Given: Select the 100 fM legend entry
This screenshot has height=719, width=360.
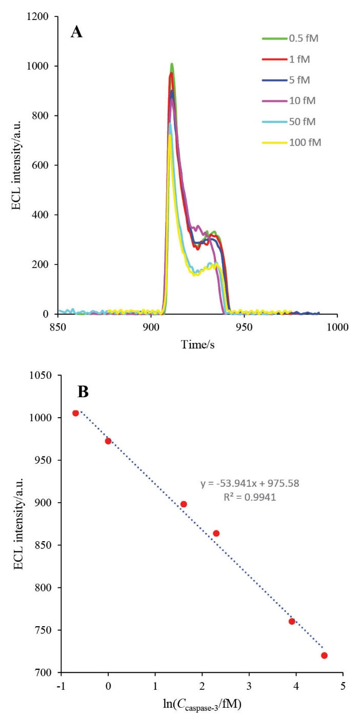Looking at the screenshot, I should point(303,142).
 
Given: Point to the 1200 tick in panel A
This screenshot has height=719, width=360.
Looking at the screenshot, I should point(39,17).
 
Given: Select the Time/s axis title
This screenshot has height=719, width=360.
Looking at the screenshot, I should point(197,345).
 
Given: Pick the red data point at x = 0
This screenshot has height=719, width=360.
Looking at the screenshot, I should point(108,441).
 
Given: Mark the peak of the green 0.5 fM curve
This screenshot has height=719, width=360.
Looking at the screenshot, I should point(172,64).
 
